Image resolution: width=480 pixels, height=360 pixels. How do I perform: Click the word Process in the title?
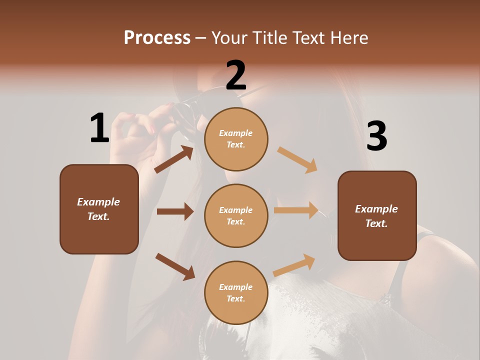coord(157,37)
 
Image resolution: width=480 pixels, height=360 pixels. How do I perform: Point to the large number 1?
coord(99,128)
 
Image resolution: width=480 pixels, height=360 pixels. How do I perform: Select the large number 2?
coord(236,75)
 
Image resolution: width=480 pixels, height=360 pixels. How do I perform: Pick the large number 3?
coord(376,136)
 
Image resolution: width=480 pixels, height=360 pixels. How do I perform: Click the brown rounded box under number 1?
coord(99,209)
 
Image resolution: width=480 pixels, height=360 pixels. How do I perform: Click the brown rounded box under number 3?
coord(377,216)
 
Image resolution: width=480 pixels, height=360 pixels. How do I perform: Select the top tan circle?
coord(236,139)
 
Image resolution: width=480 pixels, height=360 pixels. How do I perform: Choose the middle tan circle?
coord(236,216)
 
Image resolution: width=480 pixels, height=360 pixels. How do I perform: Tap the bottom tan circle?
coord(236,293)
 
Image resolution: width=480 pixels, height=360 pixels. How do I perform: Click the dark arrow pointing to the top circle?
coord(174,159)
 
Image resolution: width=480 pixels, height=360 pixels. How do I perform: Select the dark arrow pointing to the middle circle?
coord(175,211)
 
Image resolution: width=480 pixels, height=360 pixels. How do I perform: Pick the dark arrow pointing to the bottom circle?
coord(175,266)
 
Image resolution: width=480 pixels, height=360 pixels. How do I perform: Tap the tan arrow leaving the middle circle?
coord(296,210)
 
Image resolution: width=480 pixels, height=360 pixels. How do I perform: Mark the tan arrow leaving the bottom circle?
coord(294,265)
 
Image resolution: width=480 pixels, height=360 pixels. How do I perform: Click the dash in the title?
coord(201,38)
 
